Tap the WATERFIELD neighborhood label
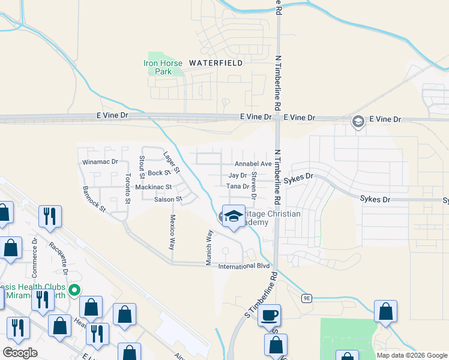(x=216, y=62)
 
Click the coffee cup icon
(x=270, y=314)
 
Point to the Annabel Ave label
(x=253, y=164)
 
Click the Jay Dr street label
(x=238, y=175)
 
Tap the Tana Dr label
(x=238, y=187)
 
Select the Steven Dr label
(x=254, y=187)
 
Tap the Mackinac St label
(x=154, y=187)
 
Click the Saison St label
(x=167, y=199)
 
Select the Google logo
(x=20, y=353)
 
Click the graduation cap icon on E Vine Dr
(x=358, y=122)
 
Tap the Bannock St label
(x=94, y=199)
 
